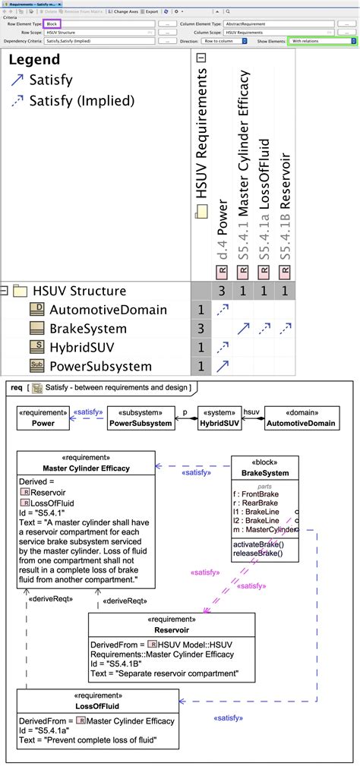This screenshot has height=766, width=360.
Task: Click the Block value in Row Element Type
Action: pyautogui.click(x=52, y=24)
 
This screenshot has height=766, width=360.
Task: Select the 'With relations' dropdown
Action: pyautogui.click(x=322, y=41)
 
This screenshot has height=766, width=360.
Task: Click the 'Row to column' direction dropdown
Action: pyautogui.click(x=224, y=41)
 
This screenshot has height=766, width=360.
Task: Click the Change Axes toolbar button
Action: pyautogui.click(x=125, y=12)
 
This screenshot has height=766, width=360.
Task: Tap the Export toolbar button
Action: pyautogui.click(x=152, y=12)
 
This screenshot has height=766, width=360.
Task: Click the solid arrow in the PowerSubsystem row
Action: pyautogui.click(x=223, y=367)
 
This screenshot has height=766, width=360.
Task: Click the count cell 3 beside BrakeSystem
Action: pyautogui.click(x=201, y=329)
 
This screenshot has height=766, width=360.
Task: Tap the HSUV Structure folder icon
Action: pyautogui.click(x=21, y=291)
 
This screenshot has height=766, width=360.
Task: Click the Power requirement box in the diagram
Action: pyautogui.click(x=43, y=418)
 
